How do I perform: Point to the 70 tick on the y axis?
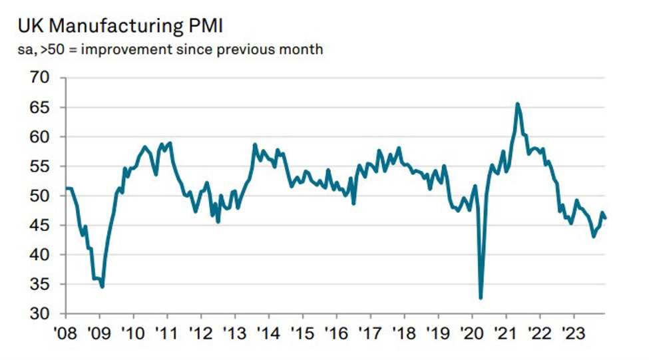(41, 78)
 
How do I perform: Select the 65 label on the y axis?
(41, 107)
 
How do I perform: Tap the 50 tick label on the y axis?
(41, 196)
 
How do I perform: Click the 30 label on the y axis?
(41, 313)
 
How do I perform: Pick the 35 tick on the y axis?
(41, 284)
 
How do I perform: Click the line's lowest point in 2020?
(481, 298)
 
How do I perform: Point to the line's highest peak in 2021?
(517, 104)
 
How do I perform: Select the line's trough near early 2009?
(102, 287)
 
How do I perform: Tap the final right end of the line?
(605, 218)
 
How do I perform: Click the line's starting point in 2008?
(67, 188)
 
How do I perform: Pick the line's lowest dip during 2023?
(594, 236)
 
